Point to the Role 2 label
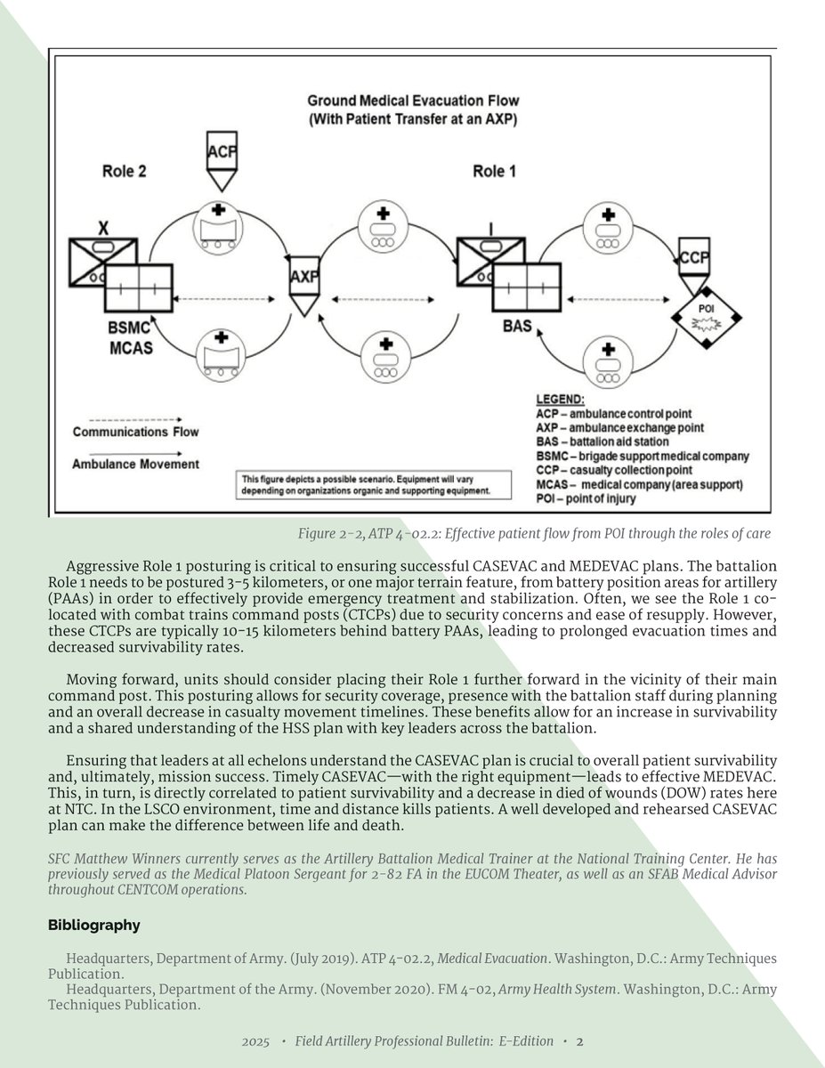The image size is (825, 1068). click(x=124, y=172)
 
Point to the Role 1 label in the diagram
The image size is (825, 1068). click(x=489, y=172)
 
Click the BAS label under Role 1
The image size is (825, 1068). click(x=517, y=327)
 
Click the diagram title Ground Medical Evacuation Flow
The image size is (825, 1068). click(x=413, y=101)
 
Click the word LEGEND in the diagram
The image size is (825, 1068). click(x=561, y=399)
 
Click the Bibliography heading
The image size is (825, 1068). click(x=93, y=925)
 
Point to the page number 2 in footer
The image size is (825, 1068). click(x=579, y=1040)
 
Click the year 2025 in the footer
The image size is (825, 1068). click(x=255, y=1040)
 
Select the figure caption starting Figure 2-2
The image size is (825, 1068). click(x=534, y=534)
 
